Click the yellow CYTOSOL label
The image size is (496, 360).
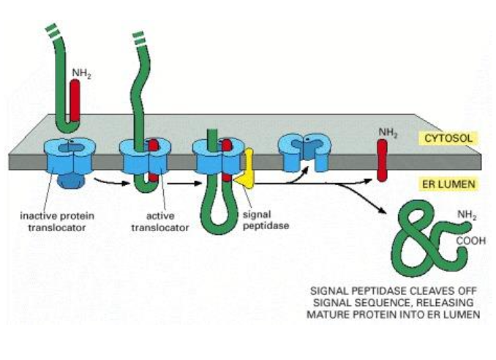[x=446, y=137]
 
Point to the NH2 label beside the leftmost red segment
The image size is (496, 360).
[x=81, y=72]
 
